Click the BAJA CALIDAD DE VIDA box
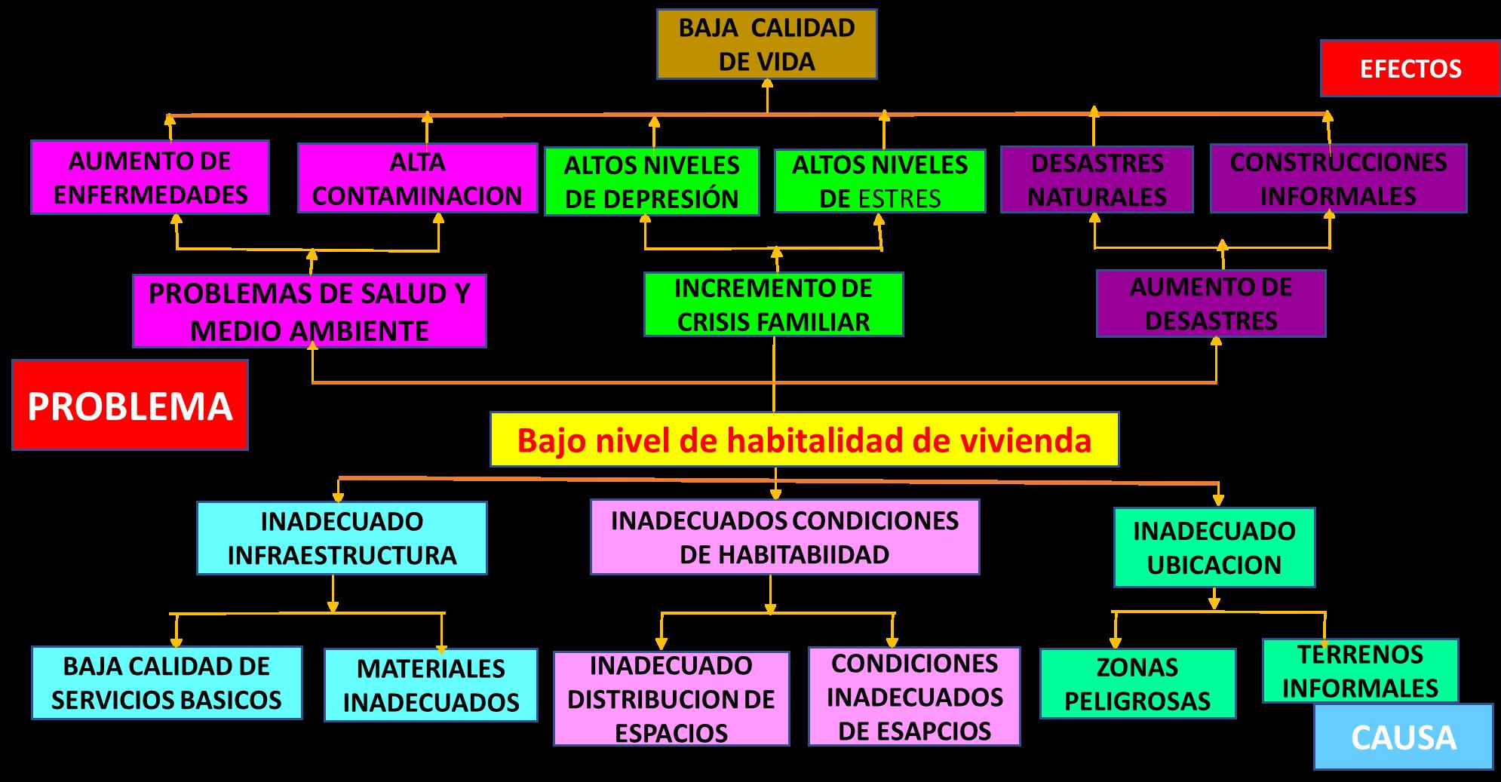point(766,44)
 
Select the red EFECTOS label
point(1410,69)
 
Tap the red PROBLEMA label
point(130,406)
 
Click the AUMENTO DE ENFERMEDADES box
point(150,178)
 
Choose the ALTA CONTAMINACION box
point(417,179)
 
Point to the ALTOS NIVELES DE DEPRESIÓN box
point(652,182)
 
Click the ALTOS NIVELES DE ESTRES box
point(879,182)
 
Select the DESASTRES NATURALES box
point(1097,180)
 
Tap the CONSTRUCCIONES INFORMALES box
point(1338,179)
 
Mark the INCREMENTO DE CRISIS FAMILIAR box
point(773,305)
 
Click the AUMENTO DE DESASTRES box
point(1211,304)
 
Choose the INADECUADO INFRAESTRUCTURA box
point(342,538)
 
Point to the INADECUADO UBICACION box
point(1214,547)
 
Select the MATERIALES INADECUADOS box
point(431,685)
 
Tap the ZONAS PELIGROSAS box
point(1137,684)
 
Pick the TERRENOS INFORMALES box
point(1360,671)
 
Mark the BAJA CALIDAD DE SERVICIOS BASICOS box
point(167,683)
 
